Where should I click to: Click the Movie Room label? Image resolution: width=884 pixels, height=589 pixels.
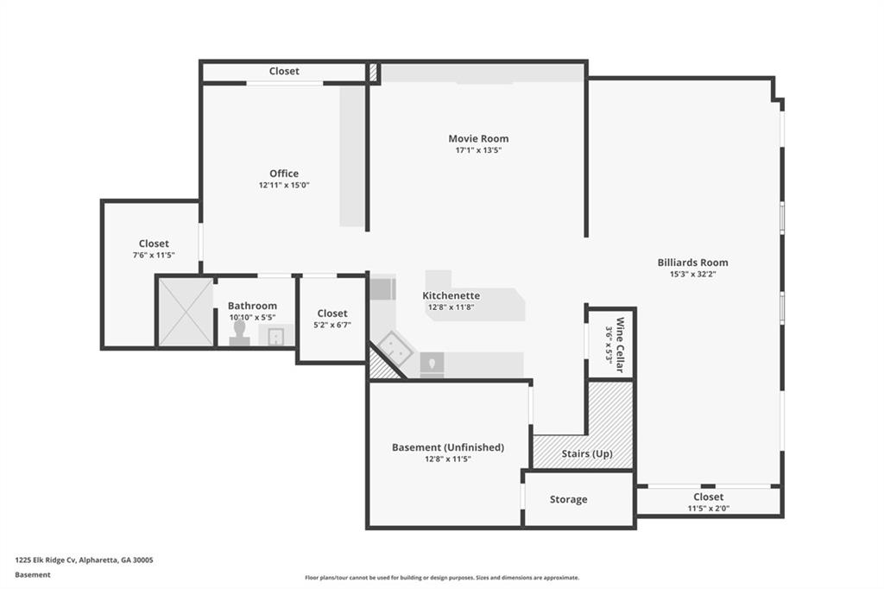pos(478,138)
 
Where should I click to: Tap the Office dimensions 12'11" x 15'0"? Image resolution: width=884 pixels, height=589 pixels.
pos(284,185)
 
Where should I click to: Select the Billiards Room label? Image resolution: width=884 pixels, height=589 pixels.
pos(692,263)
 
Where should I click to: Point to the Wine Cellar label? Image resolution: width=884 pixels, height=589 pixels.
pos(620,345)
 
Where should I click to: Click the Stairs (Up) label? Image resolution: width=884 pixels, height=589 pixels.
pos(587,453)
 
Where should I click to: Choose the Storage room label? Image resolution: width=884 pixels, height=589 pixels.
pos(568,499)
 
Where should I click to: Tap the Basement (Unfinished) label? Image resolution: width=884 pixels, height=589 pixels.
pos(448,447)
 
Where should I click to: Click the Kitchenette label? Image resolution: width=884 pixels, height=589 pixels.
pos(451,295)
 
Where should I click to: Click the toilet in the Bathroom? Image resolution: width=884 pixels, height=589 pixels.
pos(239,333)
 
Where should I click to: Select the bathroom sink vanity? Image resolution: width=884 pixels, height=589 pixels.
pos(276,334)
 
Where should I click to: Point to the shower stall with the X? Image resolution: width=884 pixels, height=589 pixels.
pos(186,312)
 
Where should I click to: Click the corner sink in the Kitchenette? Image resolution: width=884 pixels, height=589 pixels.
pos(395,349)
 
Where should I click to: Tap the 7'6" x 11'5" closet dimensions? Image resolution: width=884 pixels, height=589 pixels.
pos(154,255)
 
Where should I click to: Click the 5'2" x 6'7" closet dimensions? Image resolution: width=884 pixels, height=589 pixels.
pos(332,325)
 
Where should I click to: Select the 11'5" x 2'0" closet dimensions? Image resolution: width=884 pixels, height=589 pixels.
pos(708,509)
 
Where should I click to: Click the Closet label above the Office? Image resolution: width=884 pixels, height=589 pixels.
pos(284,71)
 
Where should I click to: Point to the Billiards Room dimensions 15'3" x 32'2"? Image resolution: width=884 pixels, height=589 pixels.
pos(693,274)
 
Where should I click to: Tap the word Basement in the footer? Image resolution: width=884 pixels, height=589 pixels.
pos(33,575)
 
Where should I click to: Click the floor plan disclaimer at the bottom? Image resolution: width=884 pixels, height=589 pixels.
pos(442,578)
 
